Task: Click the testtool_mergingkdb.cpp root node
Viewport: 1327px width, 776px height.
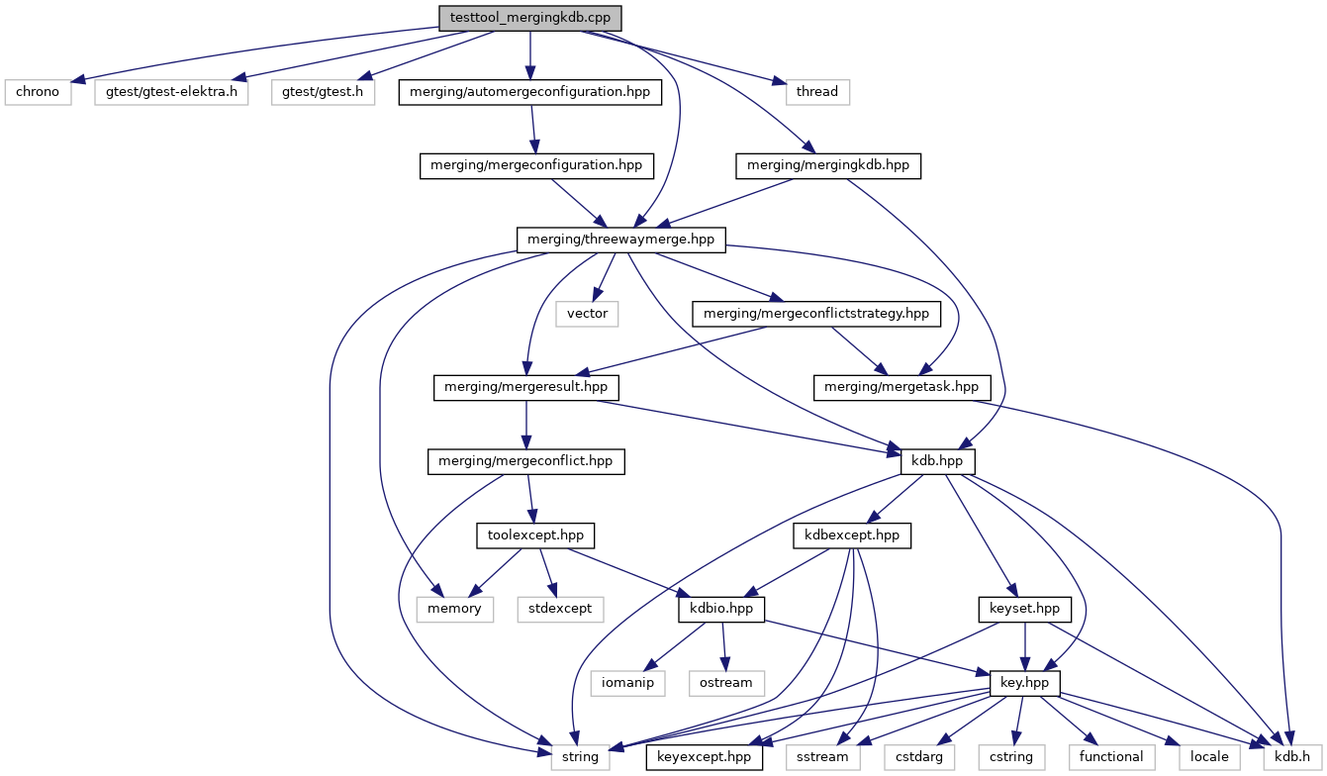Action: (529, 18)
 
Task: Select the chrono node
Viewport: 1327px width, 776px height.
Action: (38, 92)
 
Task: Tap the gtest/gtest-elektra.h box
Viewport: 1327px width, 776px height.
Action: (171, 92)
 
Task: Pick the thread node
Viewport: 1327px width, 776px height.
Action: (817, 92)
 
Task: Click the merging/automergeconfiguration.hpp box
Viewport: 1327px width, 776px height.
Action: (530, 92)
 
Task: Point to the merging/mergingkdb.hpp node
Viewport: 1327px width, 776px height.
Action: (828, 165)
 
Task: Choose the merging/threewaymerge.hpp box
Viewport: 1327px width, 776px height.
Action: (620, 240)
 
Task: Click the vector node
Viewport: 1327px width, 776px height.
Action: (587, 314)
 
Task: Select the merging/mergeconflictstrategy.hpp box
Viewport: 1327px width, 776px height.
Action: (816, 314)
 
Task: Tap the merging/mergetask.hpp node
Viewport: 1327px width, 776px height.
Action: (901, 387)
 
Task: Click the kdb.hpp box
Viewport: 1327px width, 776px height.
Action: (937, 461)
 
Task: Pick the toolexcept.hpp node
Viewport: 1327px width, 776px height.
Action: (535, 535)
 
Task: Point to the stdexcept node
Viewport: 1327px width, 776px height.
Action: (560, 609)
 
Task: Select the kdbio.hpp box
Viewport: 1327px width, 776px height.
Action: (721, 609)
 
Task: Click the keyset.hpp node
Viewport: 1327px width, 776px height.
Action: (1025, 609)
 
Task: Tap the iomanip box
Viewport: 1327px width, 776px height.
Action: (628, 683)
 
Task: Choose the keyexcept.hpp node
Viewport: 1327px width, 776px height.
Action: (705, 757)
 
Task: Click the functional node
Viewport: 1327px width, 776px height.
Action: (1111, 757)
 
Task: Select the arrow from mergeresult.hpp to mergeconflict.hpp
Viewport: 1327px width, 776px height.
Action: (526, 425)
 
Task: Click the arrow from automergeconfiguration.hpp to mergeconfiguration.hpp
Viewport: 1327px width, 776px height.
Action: (533, 129)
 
